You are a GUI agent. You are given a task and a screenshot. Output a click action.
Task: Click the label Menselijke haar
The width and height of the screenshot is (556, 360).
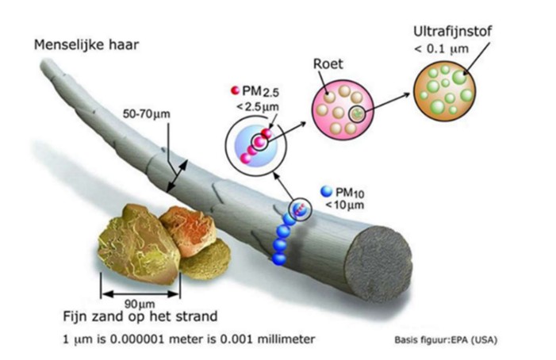[x=86, y=45]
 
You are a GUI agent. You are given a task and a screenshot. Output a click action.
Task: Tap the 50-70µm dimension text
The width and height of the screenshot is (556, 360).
[x=147, y=114]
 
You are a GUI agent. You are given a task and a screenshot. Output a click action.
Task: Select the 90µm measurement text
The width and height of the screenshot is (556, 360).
[x=140, y=304]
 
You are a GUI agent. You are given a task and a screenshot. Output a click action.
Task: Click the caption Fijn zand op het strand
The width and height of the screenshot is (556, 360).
[x=140, y=316]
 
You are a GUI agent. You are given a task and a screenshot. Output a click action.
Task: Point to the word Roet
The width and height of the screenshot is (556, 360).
[x=328, y=64]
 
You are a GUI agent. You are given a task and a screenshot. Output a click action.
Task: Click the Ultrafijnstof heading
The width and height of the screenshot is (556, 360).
[x=452, y=31]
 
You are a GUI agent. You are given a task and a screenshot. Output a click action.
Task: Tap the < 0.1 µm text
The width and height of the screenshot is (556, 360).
[x=441, y=48]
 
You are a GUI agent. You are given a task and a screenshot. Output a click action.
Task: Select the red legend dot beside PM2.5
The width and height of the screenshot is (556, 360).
[x=235, y=90]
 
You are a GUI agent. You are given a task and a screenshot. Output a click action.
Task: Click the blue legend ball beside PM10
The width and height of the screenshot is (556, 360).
[x=326, y=191]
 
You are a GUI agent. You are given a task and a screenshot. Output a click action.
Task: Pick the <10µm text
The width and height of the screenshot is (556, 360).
[x=344, y=205]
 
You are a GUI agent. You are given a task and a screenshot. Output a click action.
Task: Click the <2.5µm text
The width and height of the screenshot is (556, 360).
[x=257, y=107]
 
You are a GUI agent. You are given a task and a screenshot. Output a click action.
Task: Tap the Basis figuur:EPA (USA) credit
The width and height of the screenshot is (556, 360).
[x=446, y=340]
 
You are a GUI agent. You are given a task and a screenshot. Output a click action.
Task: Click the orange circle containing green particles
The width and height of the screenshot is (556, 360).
[x=445, y=90]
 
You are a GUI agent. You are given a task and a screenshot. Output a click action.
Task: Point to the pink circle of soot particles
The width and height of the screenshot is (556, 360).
[x=343, y=109]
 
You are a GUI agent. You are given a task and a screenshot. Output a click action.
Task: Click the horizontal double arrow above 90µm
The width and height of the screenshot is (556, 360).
[x=140, y=293]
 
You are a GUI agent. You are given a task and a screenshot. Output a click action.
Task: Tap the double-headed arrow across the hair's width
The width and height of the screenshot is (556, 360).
[x=178, y=176]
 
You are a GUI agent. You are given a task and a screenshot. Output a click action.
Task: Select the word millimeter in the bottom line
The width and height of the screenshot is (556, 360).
[x=286, y=339]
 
